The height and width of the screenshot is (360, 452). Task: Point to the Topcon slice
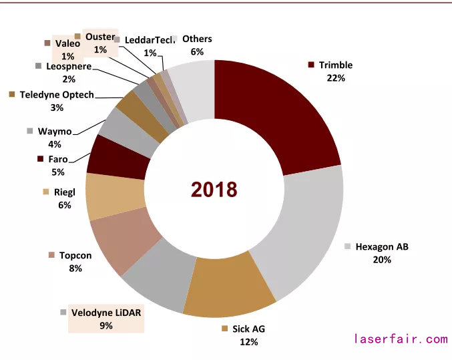click(121, 240)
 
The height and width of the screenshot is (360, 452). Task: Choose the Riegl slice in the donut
click(116, 195)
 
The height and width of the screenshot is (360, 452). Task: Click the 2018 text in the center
click(214, 190)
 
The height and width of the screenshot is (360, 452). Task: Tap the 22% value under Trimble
click(336, 78)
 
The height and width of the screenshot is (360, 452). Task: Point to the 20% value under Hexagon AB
click(382, 259)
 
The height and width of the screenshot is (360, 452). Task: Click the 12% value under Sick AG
click(250, 341)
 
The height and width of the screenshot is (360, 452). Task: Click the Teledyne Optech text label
click(57, 95)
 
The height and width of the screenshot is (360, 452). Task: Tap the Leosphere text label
click(65, 66)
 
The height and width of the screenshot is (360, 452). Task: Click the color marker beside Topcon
click(51, 256)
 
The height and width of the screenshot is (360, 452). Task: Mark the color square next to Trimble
click(311, 65)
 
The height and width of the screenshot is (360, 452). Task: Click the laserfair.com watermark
click(401, 339)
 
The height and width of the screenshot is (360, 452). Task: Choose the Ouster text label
click(100, 37)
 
